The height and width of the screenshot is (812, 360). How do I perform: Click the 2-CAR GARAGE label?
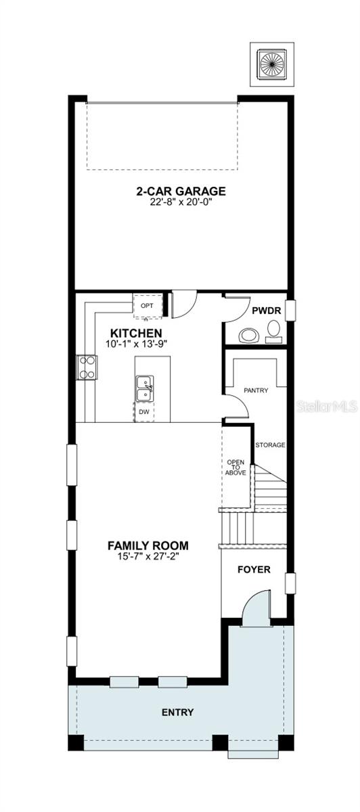tap(181, 191)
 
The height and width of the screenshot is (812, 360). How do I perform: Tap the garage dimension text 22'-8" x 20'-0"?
tap(181, 202)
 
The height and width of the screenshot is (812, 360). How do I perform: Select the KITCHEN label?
tap(136, 333)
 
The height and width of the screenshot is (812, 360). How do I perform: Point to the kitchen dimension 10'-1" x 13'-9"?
tap(136, 344)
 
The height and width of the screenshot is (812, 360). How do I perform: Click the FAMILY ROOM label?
tap(148, 545)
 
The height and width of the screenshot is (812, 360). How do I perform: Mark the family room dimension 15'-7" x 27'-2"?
tap(148, 556)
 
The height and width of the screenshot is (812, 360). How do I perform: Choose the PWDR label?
tap(267, 311)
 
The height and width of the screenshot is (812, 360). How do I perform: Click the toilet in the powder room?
tap(273, 331)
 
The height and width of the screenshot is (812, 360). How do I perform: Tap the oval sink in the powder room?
tap(249, 335)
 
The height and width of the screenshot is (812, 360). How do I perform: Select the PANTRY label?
tap(256, 390)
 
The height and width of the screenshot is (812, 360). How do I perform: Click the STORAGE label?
tap(270, 445)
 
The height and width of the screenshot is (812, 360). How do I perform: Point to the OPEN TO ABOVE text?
tap(235, 468)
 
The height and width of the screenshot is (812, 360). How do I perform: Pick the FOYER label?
tap(254, 570)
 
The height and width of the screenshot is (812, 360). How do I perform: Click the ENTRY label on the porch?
tap(178, 713)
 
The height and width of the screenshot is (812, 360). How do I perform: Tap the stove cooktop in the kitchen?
tap(87, 367)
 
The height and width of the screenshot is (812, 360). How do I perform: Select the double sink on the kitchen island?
tap(145, 388)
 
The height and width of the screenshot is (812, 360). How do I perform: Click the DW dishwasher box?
tap(144, 412)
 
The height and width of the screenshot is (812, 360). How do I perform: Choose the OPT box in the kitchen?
tap(147, 307)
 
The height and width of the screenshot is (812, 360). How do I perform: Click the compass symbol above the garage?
tap(272, 64)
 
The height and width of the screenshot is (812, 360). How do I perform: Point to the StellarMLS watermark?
tap(327, 407)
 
